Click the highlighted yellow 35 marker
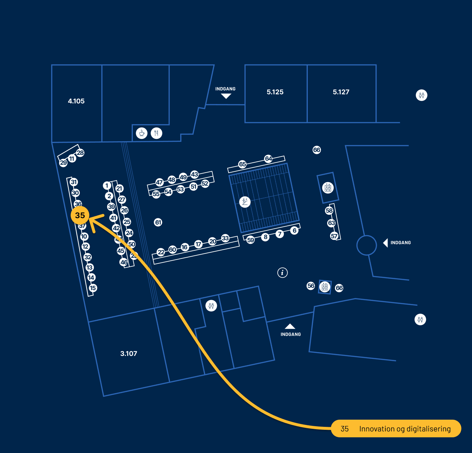click(80, 215)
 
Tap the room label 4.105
click(76, 101)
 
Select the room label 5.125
click(275, 92)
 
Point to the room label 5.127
click(341, 92)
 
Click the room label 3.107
click(129, 354)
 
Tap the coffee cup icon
click(142, 133)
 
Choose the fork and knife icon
click(156, 133)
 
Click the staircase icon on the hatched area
click(245, 202)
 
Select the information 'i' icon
click(283, 272)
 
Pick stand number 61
click(158, 223)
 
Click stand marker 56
click(311, 286)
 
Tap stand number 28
click(80, 153)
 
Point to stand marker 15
click(93, 288)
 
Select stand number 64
click(269, 159)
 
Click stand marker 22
click(161, 252)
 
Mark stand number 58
click(329, 210)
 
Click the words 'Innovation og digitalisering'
click(405, 429)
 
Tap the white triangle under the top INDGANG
click(226, 96)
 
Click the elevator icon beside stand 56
click(325, 287)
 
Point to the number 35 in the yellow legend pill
click(345, 429)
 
